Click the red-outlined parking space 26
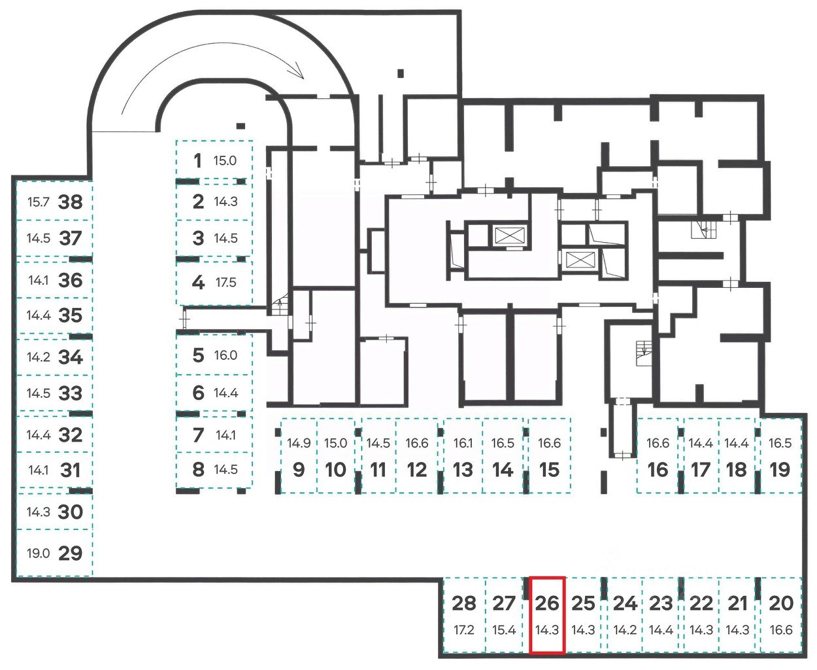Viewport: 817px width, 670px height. coord(547,615)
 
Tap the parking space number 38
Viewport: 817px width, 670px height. coord(71,202)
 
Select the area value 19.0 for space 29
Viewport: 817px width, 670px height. coord(38,554)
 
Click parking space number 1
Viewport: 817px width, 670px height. coord(197,160)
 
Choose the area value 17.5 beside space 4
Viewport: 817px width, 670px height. coord(225,283)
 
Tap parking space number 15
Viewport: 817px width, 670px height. coord(549,470)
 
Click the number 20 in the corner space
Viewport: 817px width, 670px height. coord(781,603)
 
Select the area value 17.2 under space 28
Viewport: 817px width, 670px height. coord(463,631)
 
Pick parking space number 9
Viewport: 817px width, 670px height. coord(299,470)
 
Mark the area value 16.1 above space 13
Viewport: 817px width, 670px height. coord(463,443)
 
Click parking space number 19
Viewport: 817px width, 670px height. coord(780,470)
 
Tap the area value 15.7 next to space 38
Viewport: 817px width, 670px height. coord(38,202)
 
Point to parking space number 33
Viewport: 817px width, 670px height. coord(71,393)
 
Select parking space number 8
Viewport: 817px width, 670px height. coord(198,470)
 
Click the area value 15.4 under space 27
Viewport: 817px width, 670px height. coord(504,631)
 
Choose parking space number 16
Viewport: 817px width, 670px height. coord(658,470)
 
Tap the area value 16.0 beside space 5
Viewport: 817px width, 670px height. coord(225,355)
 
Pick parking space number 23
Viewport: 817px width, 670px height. coord(661,603)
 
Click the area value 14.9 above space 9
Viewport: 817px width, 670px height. coord(299,443)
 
